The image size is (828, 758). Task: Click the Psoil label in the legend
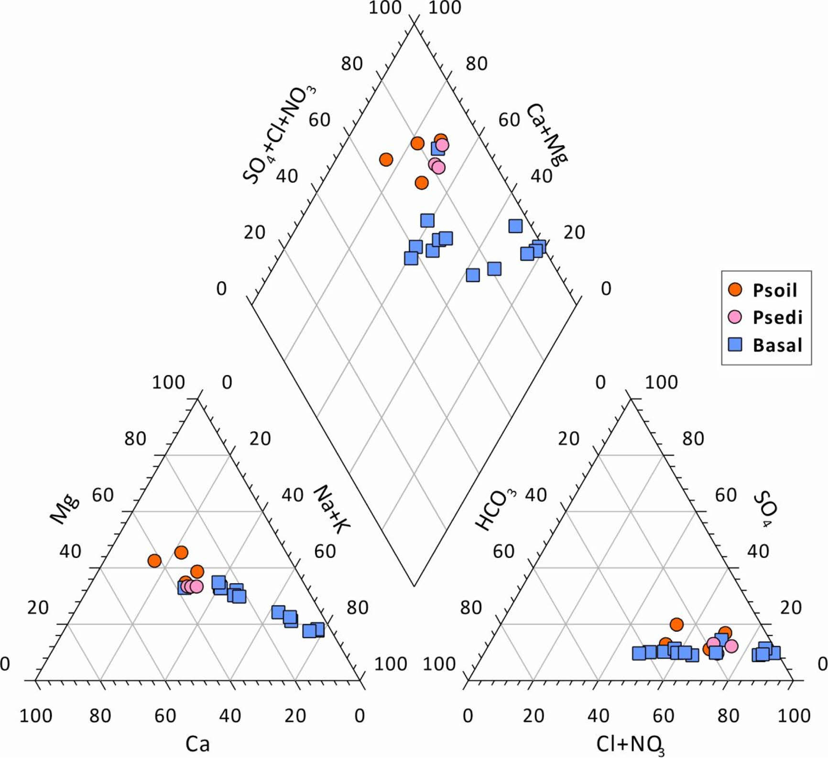(774, 290)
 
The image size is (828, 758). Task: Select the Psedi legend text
(777, 317)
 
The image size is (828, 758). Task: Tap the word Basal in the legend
(777, 345)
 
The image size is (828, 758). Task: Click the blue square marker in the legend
(735, 344)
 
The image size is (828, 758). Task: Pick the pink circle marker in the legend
(735, 317)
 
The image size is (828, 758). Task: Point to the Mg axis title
(65, 510)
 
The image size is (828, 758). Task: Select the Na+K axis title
(331, 508)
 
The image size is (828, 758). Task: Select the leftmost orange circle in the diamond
(386, 160)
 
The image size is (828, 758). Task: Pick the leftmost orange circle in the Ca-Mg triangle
(154, 560)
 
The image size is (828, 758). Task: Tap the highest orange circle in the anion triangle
(676, 624)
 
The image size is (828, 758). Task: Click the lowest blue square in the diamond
(473, 275)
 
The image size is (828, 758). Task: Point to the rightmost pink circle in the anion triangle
(731, 646)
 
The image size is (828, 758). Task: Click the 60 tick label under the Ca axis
(165, 715)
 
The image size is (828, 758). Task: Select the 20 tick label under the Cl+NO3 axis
(533, 715)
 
